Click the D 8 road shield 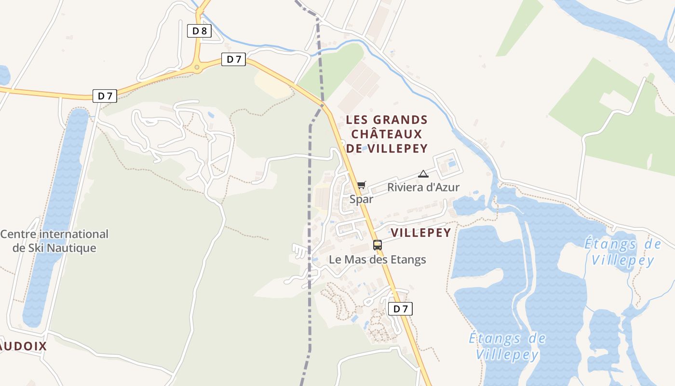point(199,31)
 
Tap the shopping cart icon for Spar point(362,185)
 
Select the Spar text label point(362,199)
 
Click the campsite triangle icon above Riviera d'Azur point(423,174)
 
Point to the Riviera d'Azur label point(423,187)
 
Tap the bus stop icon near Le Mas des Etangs point(378,245)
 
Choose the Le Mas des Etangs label point(378,259)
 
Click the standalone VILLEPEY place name point(421,233)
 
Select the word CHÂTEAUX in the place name point(387,134)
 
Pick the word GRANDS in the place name point(400,119)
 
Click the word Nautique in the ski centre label point(75,248)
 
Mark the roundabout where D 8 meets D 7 point(197,67)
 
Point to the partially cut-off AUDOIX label point(24,346)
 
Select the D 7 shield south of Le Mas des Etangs point(400,309)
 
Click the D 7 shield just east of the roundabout point(234,59)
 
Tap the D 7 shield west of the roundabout point(105,96)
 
